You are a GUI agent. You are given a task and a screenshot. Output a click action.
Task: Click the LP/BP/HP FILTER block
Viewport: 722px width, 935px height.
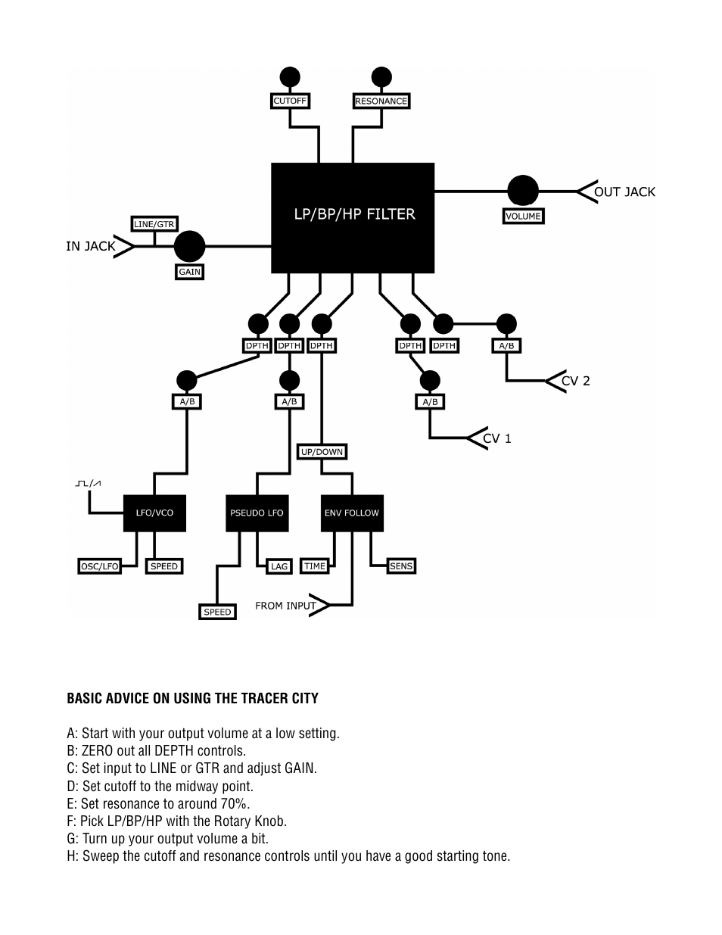[x=353, y=217]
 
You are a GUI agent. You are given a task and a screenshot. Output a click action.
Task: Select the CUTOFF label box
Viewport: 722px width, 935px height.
[x=290, y=101]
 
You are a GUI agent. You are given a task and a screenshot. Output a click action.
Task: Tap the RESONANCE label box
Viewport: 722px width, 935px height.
[x=381, y=101]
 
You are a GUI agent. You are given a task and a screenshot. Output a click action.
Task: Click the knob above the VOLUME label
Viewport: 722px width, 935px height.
[x=523, y=191]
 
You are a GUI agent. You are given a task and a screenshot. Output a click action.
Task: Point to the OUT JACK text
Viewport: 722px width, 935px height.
[x=624, y=192]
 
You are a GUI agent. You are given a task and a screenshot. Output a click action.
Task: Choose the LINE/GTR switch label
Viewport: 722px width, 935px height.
[x=154, y=224]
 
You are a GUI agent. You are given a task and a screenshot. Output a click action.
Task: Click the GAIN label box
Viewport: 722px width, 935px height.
[x=190, y=272]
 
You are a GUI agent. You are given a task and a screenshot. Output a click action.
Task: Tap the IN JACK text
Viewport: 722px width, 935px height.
[x=90, y=246]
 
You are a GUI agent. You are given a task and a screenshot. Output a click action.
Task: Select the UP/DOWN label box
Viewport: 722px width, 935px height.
[x=322, y=452]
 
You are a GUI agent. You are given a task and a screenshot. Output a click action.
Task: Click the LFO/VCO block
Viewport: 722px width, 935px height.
[x=154, y=513]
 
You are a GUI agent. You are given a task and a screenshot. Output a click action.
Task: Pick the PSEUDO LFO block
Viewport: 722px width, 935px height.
[x=257, y=513]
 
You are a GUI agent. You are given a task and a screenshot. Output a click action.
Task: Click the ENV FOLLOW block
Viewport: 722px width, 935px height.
[x=352, y=513]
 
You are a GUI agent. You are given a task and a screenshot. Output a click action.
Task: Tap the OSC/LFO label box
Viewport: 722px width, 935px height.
[x=100, y=566]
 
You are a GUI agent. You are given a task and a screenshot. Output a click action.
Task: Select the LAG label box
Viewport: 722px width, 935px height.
[x=279, y=566]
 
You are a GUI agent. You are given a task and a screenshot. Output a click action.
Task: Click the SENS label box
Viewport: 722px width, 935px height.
[x=401, y=566]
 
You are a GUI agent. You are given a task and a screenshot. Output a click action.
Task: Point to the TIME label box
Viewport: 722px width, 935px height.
[x=314, y=566]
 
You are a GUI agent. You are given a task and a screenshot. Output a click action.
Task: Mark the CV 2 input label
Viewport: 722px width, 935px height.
[x=575, y=381]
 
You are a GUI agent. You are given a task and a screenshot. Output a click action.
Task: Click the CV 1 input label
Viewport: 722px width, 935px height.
[x=497, y=438]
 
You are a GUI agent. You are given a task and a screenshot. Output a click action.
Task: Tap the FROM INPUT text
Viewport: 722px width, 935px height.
[x=285, y=606]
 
